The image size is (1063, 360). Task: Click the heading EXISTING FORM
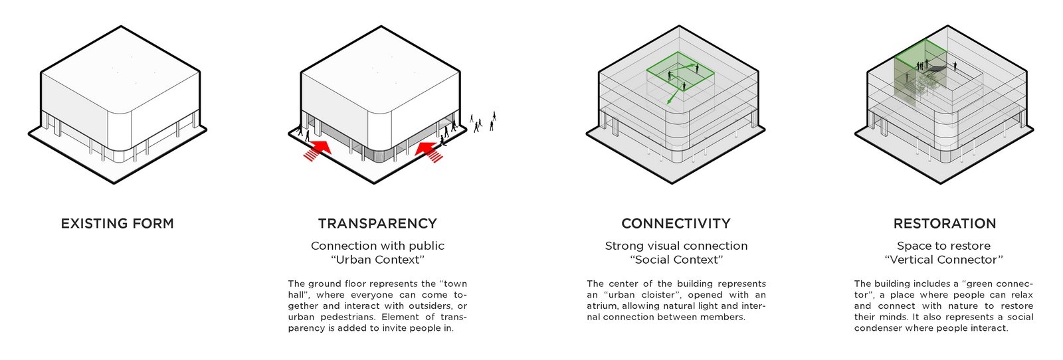(x=117, y=223)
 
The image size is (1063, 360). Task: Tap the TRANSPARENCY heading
(x=377, y=223)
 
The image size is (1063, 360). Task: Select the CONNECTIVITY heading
(x=676, y=223)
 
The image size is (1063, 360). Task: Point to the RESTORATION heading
(x=944, y=223)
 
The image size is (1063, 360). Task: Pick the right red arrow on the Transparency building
(x=429, y=150)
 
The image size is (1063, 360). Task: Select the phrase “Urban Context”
(x=377, y=260)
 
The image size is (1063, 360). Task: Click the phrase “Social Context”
(x=676, y=260)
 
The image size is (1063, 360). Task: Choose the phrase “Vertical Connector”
(x=944, y=260)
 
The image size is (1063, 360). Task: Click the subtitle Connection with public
(x=377, y=246)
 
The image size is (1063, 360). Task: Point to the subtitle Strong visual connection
(x=676, y=246)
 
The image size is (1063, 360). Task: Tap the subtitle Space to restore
(x=944, y=246)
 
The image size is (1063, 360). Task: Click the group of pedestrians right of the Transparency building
(x=482, y=122)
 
